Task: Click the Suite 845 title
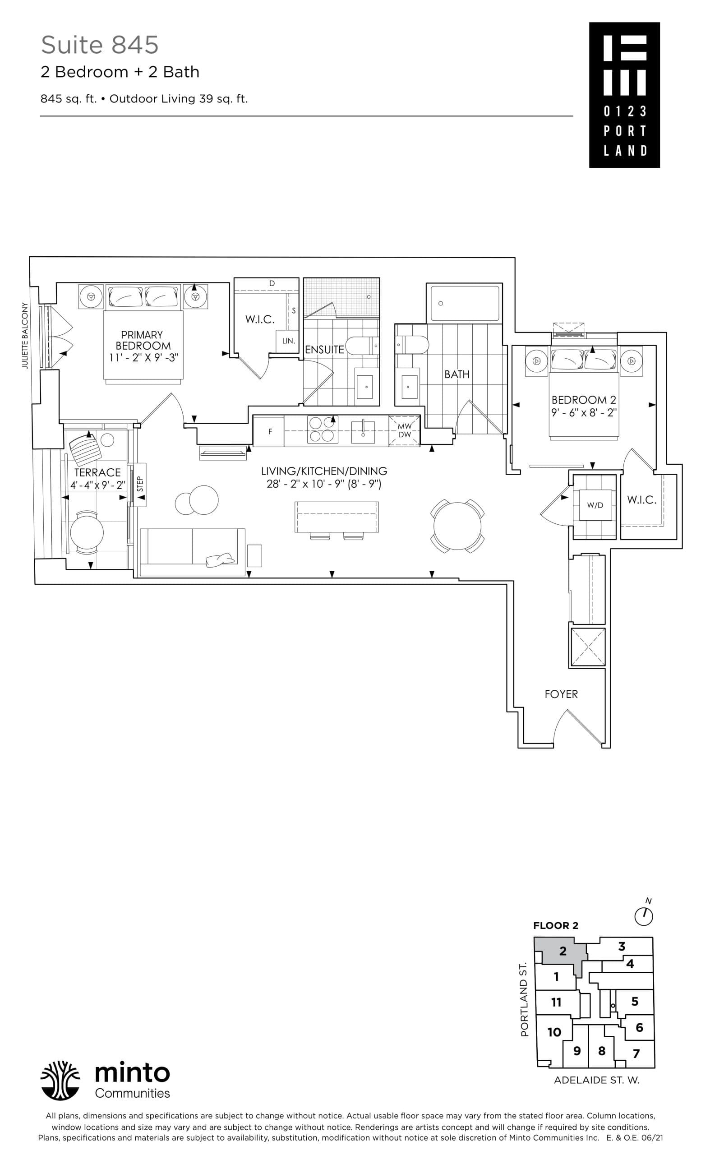(99, 45)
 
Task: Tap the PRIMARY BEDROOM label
(143, 346)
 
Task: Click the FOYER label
(561, 694)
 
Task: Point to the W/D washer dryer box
(595, 505)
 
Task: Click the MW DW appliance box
(404, 430)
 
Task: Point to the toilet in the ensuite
(362, 346)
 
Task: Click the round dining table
(457, 525)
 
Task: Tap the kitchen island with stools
(337, 517)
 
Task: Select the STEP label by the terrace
(140, 484)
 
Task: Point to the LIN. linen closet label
(288, 341)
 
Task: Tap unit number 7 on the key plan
(636, 1053)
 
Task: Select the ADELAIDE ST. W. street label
(596, 1080)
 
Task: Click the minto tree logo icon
(60, 1080)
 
